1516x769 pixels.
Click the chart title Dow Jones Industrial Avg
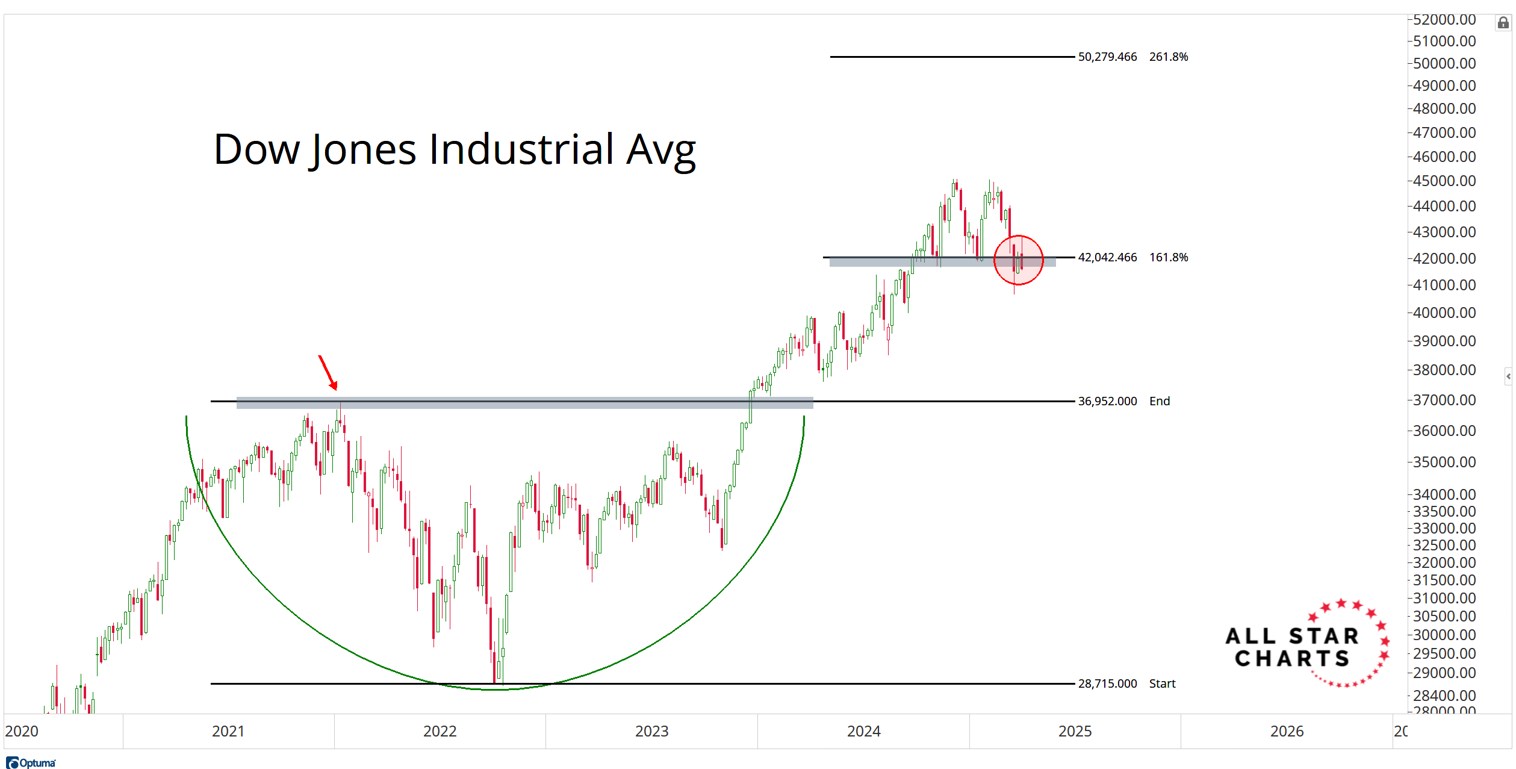455,150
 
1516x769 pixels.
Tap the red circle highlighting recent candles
1018,260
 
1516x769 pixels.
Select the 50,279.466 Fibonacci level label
1107,57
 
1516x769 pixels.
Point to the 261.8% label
1168,57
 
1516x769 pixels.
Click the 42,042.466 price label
1107,257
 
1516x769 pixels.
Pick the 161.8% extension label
1168,257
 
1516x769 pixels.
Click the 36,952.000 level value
1107,401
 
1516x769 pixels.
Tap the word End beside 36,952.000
1160,401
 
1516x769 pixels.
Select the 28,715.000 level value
1107,683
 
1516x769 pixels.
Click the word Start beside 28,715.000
1162,683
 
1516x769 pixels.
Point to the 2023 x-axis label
651,731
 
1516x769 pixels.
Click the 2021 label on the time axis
228,731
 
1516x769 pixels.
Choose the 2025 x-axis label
1075,731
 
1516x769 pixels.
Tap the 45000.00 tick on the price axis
1444,181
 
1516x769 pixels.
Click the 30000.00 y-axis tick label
1444,635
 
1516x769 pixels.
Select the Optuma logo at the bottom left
31,763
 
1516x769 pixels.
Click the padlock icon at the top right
1503,23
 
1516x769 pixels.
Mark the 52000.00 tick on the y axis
1444,20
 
